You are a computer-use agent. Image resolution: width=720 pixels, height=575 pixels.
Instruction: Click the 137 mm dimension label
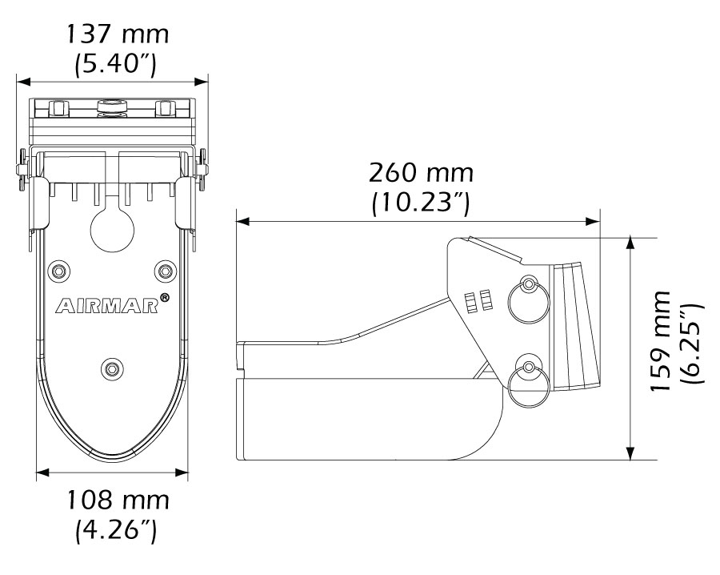(118, 34)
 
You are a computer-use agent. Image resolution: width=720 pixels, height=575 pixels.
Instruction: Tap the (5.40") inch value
(116, 64)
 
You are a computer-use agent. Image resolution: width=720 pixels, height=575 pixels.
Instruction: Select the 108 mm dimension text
(118, 500)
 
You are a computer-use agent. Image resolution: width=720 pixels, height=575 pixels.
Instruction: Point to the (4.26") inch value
(116, 530)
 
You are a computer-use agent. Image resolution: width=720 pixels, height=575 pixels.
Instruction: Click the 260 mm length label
(421, 173)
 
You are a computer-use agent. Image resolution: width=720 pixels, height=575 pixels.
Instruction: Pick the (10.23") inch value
(421, 203)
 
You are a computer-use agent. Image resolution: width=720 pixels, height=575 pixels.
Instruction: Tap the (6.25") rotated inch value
(690, 344)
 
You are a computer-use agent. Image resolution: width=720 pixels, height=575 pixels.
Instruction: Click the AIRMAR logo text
(107, 307)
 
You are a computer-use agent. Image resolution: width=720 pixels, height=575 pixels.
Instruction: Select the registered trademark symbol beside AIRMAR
(164, 298)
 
